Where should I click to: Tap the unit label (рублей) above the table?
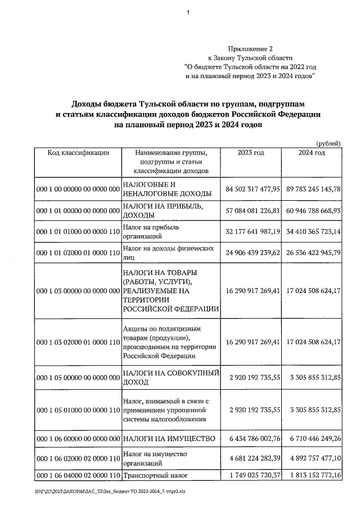tap(328, 143)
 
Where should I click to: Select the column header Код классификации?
tap(78, 152)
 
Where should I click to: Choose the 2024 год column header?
tap(312, 152)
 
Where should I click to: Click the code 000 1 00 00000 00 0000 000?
tap(78, 189)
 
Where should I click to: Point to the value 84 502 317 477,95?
tap(253, 189)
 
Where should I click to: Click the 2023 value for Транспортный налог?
tap(253, 477)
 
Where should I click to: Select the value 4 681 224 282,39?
tap(253, 458)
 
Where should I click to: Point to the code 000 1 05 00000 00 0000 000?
tap(78, 378)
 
